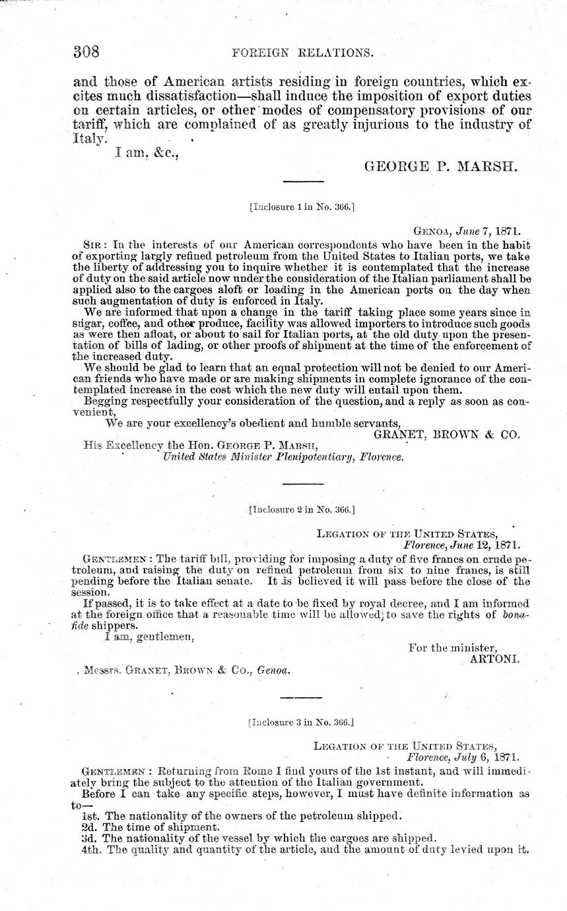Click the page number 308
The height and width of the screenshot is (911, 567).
(86, 51)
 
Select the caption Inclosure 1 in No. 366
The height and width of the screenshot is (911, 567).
(302, 207)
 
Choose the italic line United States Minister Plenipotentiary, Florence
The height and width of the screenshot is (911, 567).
(283, 455)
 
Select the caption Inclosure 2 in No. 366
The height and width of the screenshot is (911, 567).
(302, 510)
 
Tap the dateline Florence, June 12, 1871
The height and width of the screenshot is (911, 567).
(461, 545)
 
